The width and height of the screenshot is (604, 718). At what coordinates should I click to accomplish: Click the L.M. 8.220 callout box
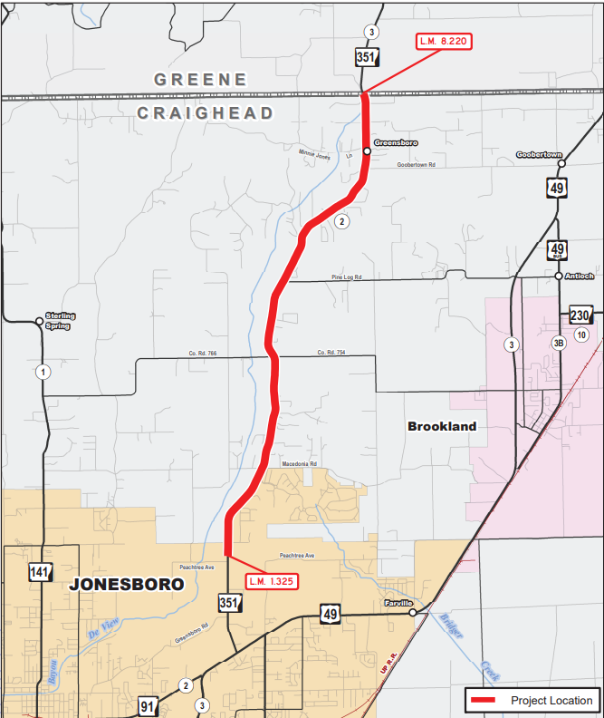coord(444,41)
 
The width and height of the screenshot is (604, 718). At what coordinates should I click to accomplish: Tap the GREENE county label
coord(200,80)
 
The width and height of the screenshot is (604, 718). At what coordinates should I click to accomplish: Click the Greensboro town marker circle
coord(367,151)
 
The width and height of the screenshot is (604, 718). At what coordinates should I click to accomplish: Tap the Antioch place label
coord(580,276)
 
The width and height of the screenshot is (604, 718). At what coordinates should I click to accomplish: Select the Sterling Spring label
coord(61,320)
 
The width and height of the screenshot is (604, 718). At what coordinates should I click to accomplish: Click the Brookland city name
coord(442,426)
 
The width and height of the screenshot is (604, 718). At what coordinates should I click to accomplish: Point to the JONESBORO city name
coord(127,585)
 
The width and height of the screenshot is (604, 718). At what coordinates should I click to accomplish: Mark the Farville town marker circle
coord(413,613)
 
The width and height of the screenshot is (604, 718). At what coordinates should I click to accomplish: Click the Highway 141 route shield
coord(39,572)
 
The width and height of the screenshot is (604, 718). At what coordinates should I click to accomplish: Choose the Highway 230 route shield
coord(580,315)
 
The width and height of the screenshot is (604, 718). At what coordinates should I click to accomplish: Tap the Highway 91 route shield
coord(149,705)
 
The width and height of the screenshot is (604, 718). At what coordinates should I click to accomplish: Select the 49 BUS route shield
coord(558,250)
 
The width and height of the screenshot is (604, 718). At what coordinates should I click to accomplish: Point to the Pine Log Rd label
coord(347,277)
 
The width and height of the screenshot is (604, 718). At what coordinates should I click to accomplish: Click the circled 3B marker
coord(559,344)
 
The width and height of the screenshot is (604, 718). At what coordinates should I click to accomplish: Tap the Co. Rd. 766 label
coord(204,353)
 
